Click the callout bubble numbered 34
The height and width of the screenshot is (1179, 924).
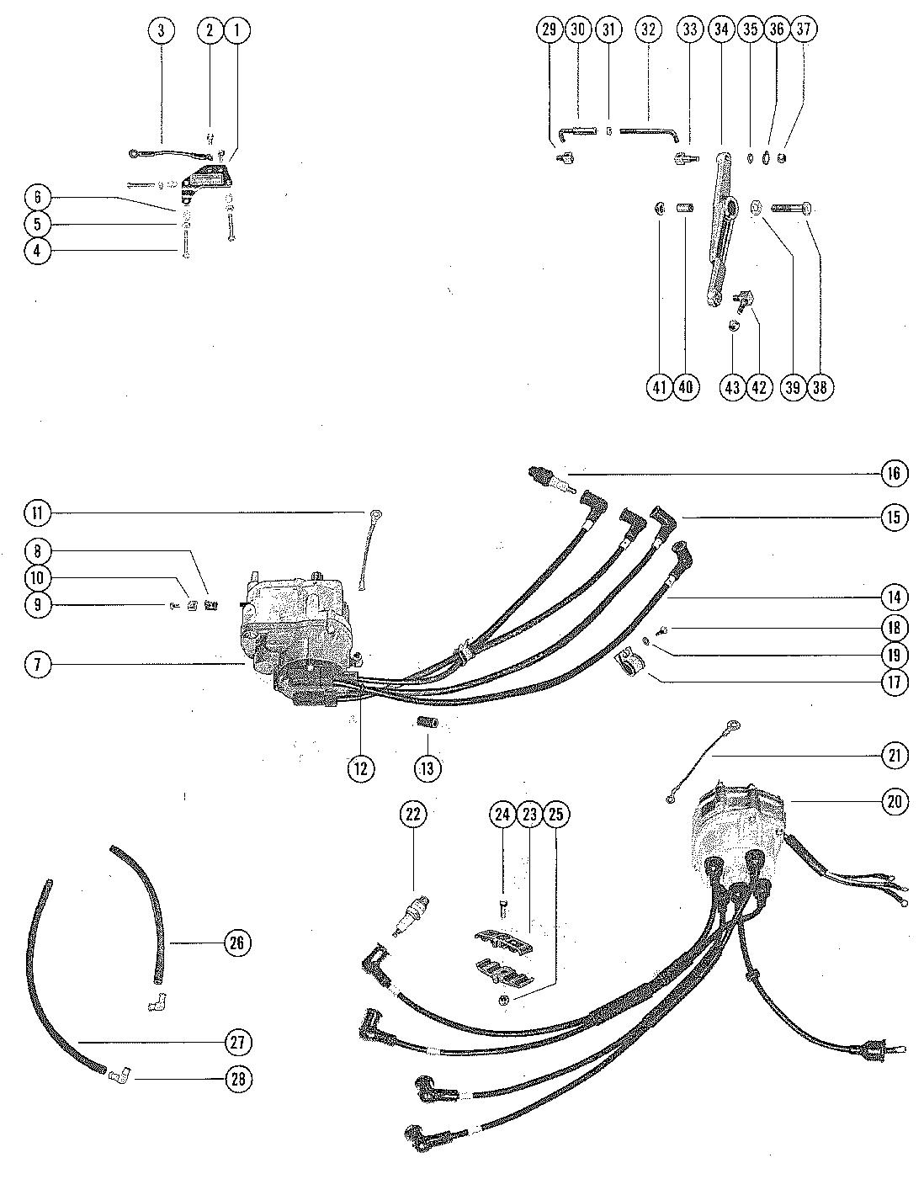(720, 29)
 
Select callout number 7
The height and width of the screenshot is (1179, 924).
(37, 664)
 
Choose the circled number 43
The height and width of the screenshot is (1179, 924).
(732, 387)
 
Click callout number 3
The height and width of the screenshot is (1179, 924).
(161, 30)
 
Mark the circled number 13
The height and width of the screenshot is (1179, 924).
(427, 768)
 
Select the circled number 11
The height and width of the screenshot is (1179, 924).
(37, 512)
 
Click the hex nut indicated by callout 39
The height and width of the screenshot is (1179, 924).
(755, 207)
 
